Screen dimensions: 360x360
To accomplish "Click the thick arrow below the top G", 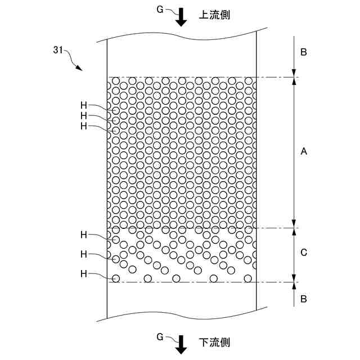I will (x=181, y=18).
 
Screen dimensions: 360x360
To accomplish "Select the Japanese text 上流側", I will (x=214, y=15).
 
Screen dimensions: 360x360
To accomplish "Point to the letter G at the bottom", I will (x=160, y=336).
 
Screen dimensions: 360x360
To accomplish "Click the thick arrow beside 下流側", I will (x=181, y=345).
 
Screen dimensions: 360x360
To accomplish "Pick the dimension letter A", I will (x=303, y=151).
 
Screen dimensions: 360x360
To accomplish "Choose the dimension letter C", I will (x=303, y=253).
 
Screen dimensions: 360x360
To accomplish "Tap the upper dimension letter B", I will (x=303, y=52).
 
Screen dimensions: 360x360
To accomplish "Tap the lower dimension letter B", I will (x=303, y=299).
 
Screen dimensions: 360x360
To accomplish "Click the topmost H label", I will (x=84, y=105).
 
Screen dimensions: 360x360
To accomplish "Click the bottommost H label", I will (x=84, y=274).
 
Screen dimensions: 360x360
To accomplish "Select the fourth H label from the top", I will (x=84, y=234).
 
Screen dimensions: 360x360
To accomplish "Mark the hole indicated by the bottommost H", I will (x=116, y=278).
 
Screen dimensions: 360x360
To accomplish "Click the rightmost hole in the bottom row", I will (x=248, y=278).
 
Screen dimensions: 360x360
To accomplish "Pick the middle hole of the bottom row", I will (x=176, y=278).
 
